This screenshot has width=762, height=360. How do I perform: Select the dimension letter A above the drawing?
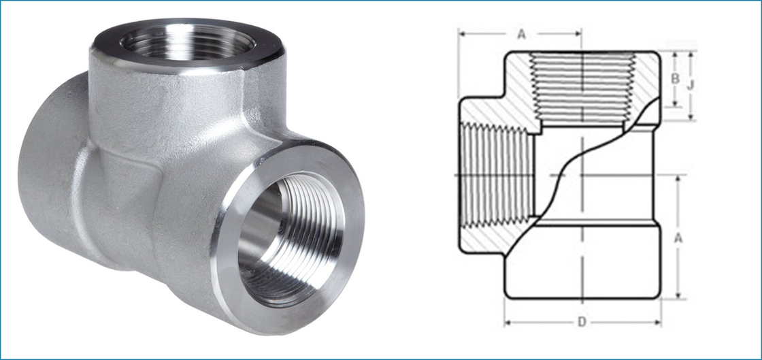[x=521, y=35]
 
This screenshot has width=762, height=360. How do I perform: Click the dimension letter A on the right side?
[x=677, y=238]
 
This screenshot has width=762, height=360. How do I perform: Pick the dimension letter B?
[x=675, y=79]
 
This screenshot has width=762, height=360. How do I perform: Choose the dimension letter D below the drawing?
[x=582, y=322]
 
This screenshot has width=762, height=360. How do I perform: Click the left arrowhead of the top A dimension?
[x=461, y=32]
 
